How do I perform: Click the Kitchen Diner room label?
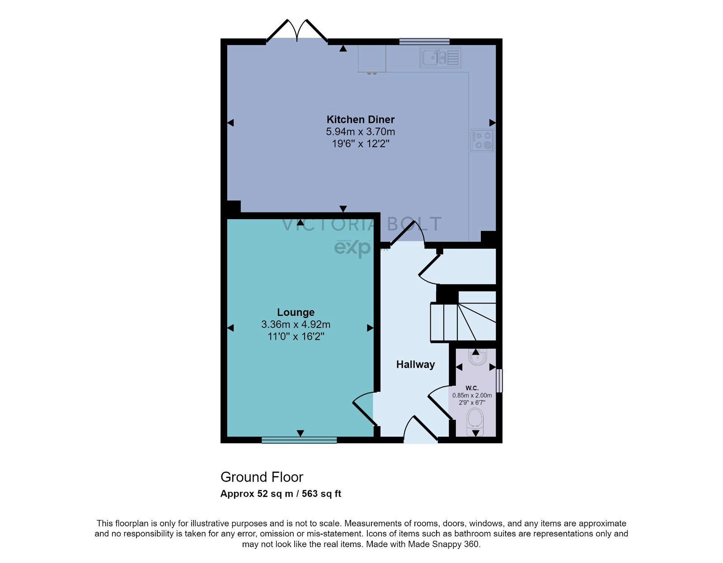coord(360,120)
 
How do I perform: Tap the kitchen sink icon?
coord(440,58)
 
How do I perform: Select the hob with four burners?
coord(482,141)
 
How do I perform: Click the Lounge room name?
coord(296,312)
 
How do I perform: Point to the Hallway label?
coord(415,365)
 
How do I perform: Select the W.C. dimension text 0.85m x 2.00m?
coord(472,395)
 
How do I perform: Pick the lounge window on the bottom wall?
coord(299,440)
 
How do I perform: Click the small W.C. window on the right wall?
coord(499,381)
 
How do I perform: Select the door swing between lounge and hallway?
coord(364,408)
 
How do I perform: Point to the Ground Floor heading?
coord(262,477)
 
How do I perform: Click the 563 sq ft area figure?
coord(321,494)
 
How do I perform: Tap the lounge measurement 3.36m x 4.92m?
coord(296,324)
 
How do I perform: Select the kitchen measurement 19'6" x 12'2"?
coord(360,144)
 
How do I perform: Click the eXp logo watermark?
coord(352,248)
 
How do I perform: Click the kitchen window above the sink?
coord(424,42)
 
